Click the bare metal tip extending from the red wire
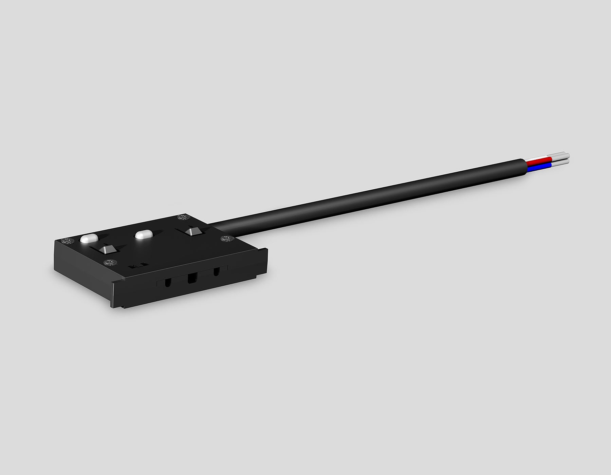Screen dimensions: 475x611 pos(560,157)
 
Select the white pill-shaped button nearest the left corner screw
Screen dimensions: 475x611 pos(89,239)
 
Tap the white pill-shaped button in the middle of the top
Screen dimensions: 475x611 pos(144,235)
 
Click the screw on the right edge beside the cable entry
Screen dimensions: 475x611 pos(225,239)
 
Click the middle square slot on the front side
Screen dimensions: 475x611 pos(192,279)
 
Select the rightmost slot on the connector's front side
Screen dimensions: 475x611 pos(216,272)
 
